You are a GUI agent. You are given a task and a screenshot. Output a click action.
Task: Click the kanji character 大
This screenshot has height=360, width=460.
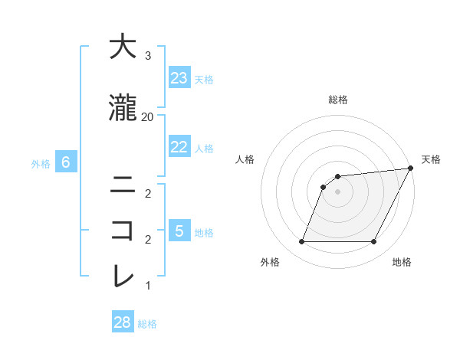click(122, 47)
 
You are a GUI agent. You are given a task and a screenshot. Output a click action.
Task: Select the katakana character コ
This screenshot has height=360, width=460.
click(122, 229)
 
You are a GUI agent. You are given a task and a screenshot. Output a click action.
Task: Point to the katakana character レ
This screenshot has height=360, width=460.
click(122, 275)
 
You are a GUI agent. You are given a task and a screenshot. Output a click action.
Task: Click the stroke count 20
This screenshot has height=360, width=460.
click(147, 117)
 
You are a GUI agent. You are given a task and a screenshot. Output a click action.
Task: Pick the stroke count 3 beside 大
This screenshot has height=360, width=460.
click(147, 56)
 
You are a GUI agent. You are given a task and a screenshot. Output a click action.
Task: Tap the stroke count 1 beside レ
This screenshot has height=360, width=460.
click(147, 286)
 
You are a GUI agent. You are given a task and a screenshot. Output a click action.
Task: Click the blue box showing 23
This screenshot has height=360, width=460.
click(179, 78)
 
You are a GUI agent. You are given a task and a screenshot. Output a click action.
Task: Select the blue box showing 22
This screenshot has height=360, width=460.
click(179, 147)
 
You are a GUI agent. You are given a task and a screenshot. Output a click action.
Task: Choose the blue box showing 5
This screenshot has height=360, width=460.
click(179, 231)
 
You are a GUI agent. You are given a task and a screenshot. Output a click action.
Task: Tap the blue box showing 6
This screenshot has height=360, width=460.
click(66, 162)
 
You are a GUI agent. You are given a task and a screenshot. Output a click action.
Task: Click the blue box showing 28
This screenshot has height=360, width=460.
click(123, 322)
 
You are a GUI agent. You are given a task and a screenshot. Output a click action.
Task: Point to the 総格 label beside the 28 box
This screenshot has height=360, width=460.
click(148, 324)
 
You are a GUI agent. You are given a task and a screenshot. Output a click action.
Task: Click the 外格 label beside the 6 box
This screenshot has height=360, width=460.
click(41, 163)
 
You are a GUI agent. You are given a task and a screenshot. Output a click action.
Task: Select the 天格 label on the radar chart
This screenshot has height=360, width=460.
click(431, 159)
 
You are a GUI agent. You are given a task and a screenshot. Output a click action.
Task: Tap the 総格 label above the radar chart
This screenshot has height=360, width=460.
click(338, 100)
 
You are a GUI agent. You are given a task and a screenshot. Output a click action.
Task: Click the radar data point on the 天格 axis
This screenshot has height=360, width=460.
click(411, 168)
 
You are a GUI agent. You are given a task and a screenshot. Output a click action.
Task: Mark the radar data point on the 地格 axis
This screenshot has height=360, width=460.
click(374, 242)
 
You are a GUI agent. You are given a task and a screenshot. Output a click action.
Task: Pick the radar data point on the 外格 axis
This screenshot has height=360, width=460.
click(301, 242)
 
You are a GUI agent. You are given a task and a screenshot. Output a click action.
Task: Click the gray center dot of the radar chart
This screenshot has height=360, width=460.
click(337, 191)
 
